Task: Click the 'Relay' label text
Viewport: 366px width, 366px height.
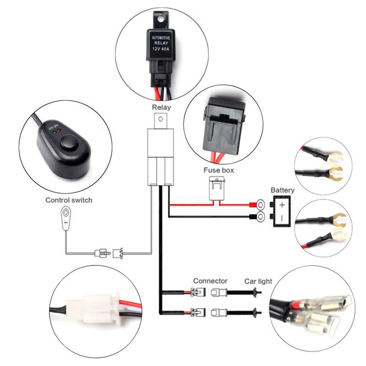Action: click(x=161, y=108)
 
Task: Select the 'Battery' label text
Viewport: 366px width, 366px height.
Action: click(x=282, y=190)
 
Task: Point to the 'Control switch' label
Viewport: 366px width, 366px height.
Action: click(x=69, y=200)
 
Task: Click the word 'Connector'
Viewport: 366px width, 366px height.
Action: click(x=210, y=280)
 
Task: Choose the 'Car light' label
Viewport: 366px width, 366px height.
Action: click(x=258, y=280)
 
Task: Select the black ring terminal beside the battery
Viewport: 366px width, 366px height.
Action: click(x=260, y=216)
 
